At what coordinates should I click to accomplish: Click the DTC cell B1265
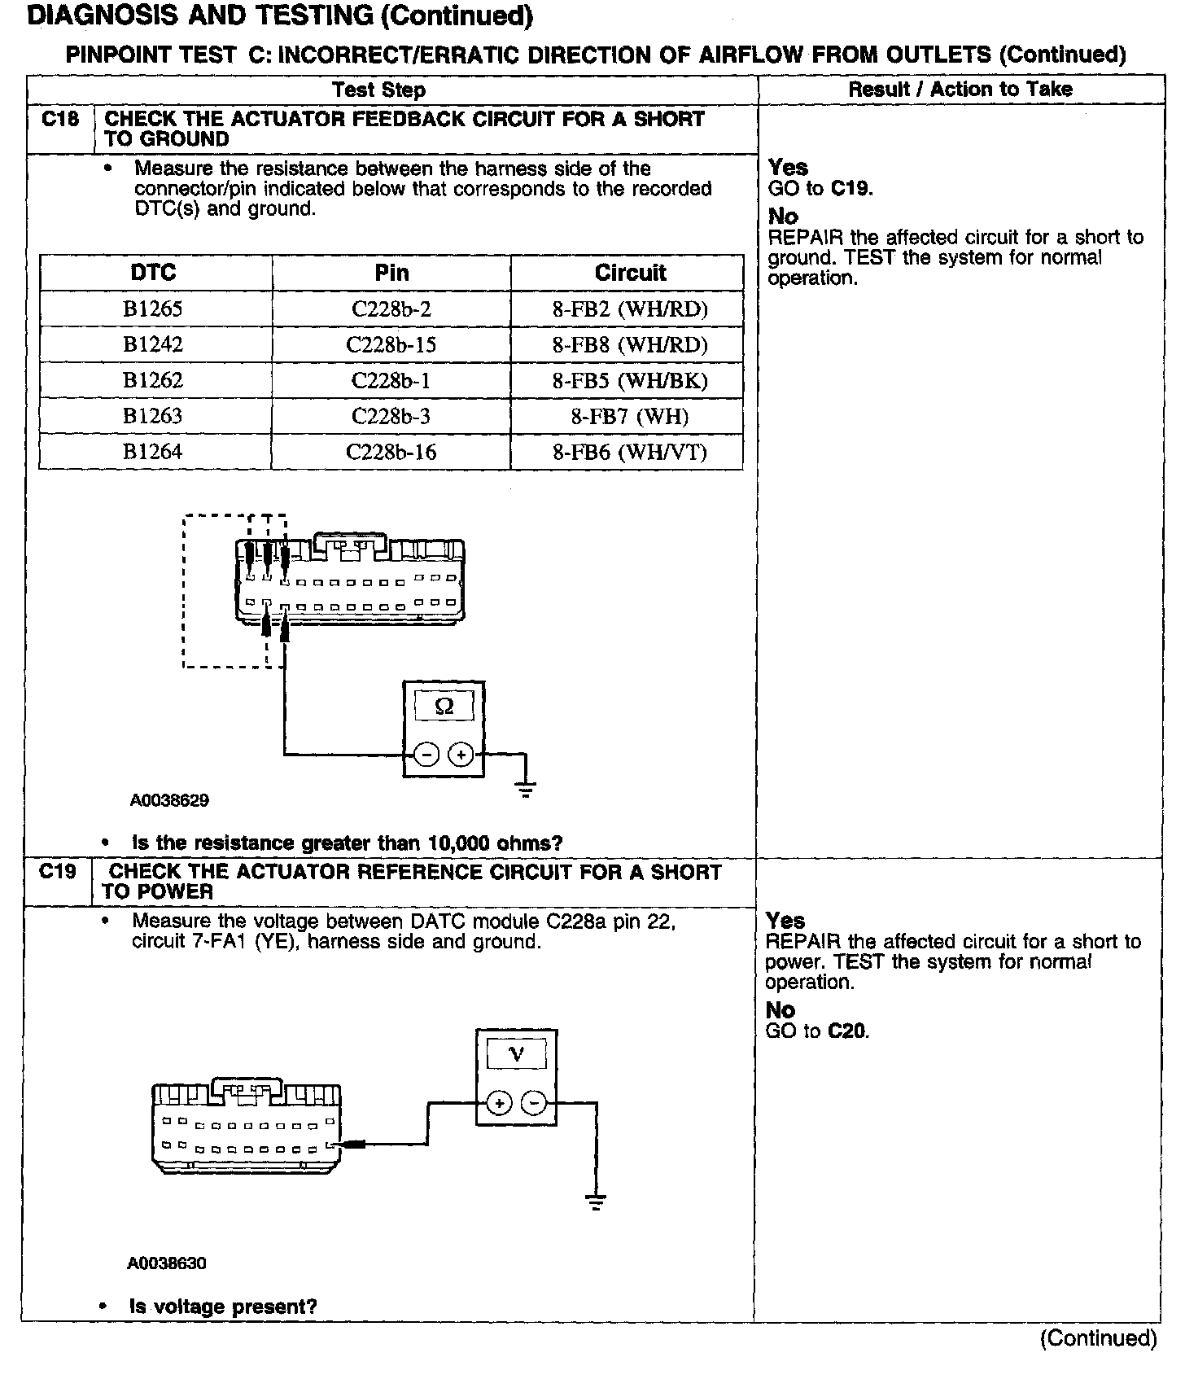coord(153,309)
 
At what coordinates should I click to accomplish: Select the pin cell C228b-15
coord(391,345)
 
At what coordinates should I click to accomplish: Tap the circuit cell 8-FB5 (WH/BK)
coord(630,381)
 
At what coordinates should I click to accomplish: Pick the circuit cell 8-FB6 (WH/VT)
coord(630,453)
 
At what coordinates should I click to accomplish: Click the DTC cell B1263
coord(153,417)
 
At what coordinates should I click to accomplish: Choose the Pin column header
coord(391,273)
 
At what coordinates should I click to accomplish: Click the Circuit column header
coord(630,273)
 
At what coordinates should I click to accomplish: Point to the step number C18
coord(60,120)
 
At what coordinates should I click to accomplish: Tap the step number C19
coord(57,872)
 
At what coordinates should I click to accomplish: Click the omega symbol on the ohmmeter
coord(444,707)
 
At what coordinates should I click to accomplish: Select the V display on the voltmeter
coord(517,1055)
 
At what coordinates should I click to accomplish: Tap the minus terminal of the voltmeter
coord(534,1104)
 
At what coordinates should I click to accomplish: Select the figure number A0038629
coord(169,800)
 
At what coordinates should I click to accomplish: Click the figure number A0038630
coord(167,1263)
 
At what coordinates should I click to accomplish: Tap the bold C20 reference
coord(848,1031)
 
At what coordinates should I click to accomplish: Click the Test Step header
coord(378,90)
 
